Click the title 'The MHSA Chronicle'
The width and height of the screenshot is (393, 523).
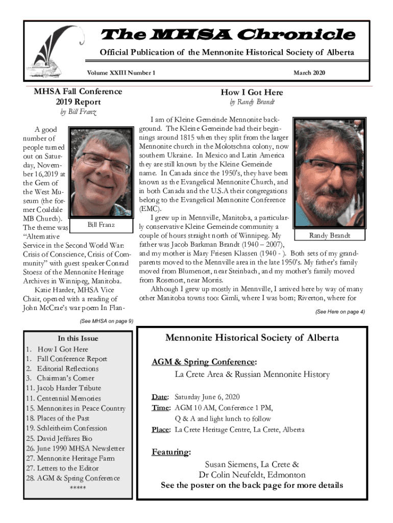(229, 35)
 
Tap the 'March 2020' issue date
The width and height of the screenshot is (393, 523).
(309, 73)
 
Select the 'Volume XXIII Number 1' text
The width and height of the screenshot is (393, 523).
(121, 73)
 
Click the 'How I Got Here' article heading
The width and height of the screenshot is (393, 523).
(252, 92)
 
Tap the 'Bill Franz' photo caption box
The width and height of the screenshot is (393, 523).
(101, 225)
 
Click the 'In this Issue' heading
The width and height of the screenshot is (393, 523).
(78, 338)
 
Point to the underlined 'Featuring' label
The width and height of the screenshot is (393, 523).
(171, 452)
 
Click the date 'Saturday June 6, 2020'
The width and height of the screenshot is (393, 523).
(207, 397)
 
